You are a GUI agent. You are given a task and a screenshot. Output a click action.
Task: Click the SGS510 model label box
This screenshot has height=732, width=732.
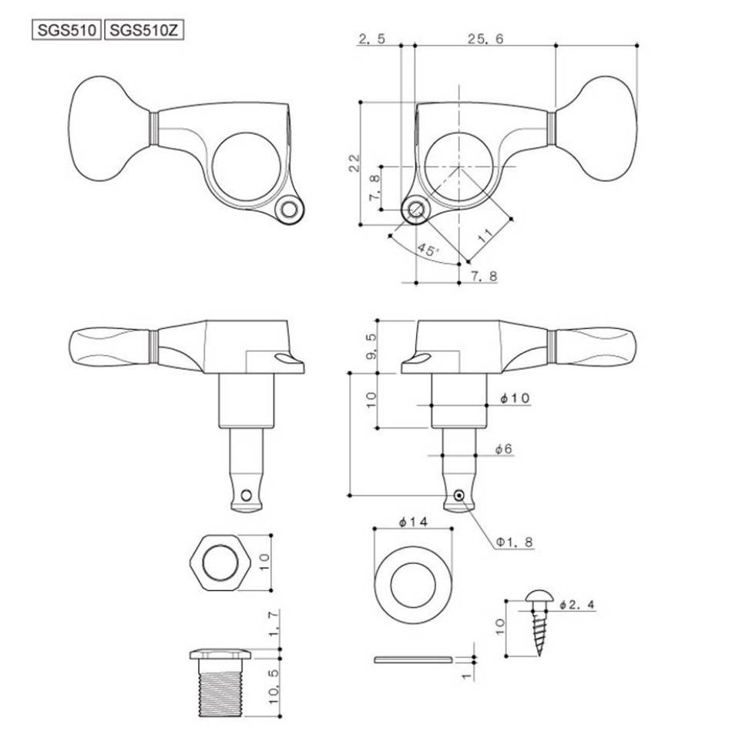click(x=66, y=31)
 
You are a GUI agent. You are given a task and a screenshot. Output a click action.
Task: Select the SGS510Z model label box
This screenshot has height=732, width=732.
click(x=144, y=31)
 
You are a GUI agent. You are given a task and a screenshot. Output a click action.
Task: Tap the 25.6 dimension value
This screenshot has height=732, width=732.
click(x=486, y=39)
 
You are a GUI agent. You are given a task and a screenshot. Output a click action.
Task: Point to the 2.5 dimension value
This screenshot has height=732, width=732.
click(x=372, y=39)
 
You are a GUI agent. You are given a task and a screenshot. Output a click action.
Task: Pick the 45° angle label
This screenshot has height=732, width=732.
click(x=428, y=250)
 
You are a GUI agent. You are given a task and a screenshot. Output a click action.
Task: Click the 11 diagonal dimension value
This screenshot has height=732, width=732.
click(x=485, y=236)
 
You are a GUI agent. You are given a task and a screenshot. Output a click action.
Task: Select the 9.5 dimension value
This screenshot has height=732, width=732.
click(x=372, y=347)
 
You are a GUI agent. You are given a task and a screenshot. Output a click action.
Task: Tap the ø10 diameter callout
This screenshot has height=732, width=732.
click(x=515, y=398)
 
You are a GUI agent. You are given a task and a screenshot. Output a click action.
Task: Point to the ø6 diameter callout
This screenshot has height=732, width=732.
click(x=504, y=449)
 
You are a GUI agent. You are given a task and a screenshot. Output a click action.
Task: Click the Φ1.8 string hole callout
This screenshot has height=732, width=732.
click(x=514, y=542)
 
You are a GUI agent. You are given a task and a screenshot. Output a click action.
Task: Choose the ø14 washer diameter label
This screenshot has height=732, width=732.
click(x=413, y=522)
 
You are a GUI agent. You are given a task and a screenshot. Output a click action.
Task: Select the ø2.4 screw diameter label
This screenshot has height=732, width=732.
click(x=577, y=605)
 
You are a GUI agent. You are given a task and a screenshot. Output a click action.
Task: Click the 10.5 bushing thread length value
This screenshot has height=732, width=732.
click(x=274, y=687)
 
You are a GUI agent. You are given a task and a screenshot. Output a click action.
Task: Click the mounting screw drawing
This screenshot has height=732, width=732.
click(x=539, y=623)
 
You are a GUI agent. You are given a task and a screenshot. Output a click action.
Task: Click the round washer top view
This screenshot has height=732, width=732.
click(x=413, y=585)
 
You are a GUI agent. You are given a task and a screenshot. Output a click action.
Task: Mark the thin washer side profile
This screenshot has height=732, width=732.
click(x=413, y=660)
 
